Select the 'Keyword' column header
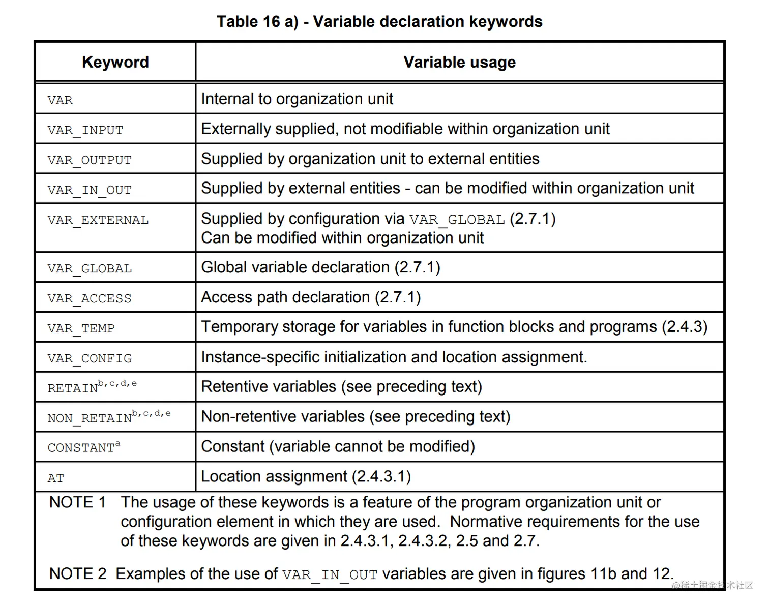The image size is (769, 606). click(115, 62)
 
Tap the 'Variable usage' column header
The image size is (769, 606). click(459, 62)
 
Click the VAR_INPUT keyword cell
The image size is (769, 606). click(85, 130)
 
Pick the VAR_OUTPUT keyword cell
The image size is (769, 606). click(90, 160)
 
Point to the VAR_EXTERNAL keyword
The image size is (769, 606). click(98, 220)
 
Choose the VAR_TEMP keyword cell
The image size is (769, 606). click(81, 328)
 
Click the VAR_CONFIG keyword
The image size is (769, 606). click(90, 358)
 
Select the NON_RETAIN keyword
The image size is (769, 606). click(90, 418)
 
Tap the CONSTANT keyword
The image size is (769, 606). click(81, 448)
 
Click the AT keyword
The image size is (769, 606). click(56, 478)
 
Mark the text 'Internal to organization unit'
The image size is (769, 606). click(297, 99)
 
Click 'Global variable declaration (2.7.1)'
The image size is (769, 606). click(320, 267)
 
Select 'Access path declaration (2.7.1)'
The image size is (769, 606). click(311, 297)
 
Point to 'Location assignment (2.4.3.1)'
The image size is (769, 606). click(306, 476)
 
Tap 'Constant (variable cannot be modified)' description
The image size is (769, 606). click(338, 446)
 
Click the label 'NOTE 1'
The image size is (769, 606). click(77, 502)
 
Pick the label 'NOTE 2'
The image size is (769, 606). click(78, 574)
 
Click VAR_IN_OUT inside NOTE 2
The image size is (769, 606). click(330, 575)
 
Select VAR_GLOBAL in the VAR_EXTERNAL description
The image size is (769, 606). click(457, 220)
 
